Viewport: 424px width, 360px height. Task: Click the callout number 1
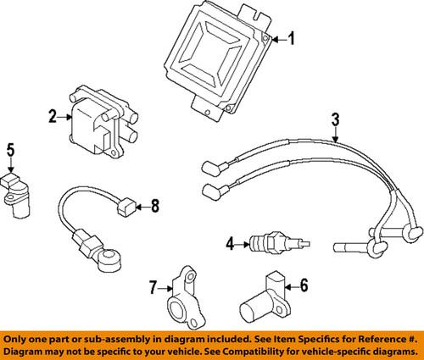[293, 37]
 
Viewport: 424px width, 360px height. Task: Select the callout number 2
[53, 116]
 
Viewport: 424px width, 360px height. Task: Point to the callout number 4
[230, 246]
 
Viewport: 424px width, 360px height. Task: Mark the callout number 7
[153, 289]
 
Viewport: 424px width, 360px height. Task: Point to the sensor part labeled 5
[18, 193]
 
